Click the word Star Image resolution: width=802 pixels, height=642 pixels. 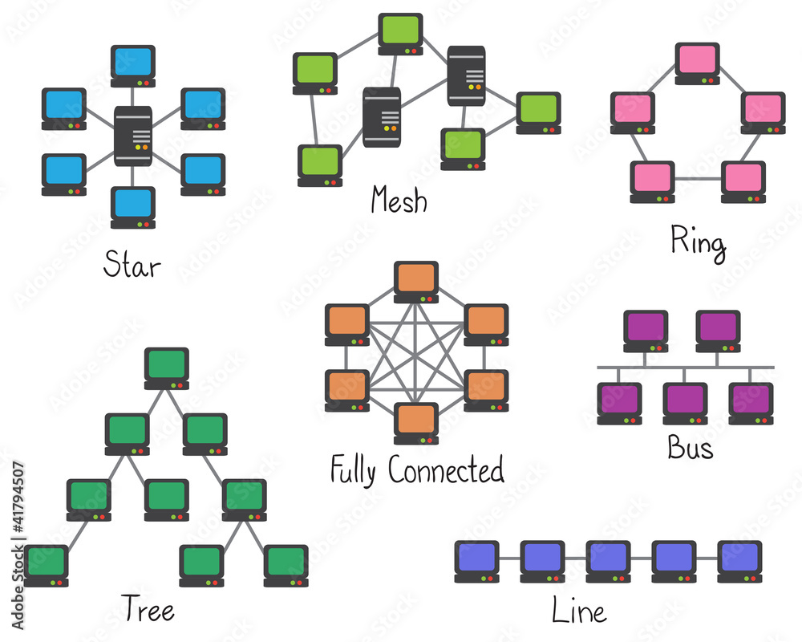click(132, 265)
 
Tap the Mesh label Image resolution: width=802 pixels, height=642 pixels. click(399, 200)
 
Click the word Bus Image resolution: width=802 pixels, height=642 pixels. click(690, 448)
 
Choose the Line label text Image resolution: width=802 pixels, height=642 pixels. click(578, 612)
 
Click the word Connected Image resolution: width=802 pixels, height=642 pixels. click(446, 469)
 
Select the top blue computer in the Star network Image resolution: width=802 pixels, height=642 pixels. click(133, 64)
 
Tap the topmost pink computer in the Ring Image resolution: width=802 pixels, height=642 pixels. click(697, 62)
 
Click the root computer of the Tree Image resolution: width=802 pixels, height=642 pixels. click(167, 367)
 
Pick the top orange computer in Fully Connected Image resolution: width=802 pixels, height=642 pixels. click(416, 280)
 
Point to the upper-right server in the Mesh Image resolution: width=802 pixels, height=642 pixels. click(467, 76)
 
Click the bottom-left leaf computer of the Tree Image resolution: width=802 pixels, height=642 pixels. click(47, 564)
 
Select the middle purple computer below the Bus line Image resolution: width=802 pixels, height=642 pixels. click(685, 402)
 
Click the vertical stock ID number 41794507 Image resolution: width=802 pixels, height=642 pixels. click(18, 546)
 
